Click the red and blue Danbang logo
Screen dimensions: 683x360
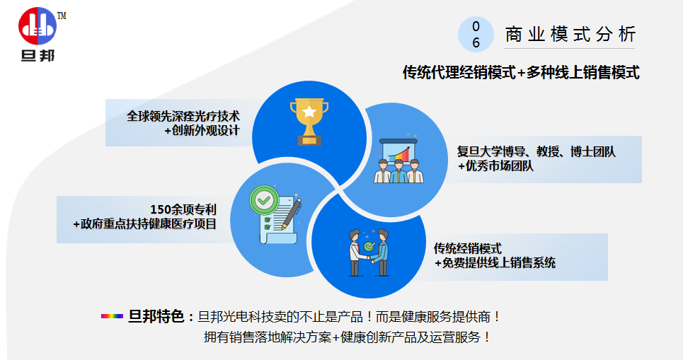pos(38,26)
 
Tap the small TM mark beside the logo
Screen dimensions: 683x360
pos(62,16)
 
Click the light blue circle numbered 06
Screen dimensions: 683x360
pos(476,35)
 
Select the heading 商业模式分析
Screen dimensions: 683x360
pos(570,35)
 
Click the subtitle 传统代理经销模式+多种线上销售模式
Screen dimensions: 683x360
pos(521,72)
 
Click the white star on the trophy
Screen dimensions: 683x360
pos(309,112)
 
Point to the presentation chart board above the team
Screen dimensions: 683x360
pos(398,149)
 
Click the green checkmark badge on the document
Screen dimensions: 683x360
pos(264,200)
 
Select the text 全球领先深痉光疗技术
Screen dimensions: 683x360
pos(183,116)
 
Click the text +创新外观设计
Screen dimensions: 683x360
pos(202,130)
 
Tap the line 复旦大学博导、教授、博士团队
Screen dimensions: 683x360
pos(536,151)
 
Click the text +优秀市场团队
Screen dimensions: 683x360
pos(495,166)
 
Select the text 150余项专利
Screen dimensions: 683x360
pos(183,209)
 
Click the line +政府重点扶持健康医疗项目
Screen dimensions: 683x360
pos(144,223)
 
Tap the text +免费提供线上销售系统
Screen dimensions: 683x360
pos(495,263)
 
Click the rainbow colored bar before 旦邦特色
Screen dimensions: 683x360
pos(112,316)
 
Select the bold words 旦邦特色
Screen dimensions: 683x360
pos(156,316)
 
